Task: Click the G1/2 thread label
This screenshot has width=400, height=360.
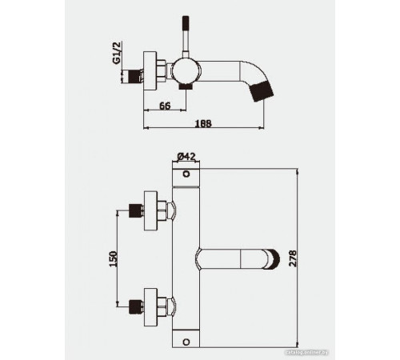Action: pyautogui.click(x=117, y=55)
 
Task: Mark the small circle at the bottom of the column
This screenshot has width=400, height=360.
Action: pyautogui.click(x=187, y=340)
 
